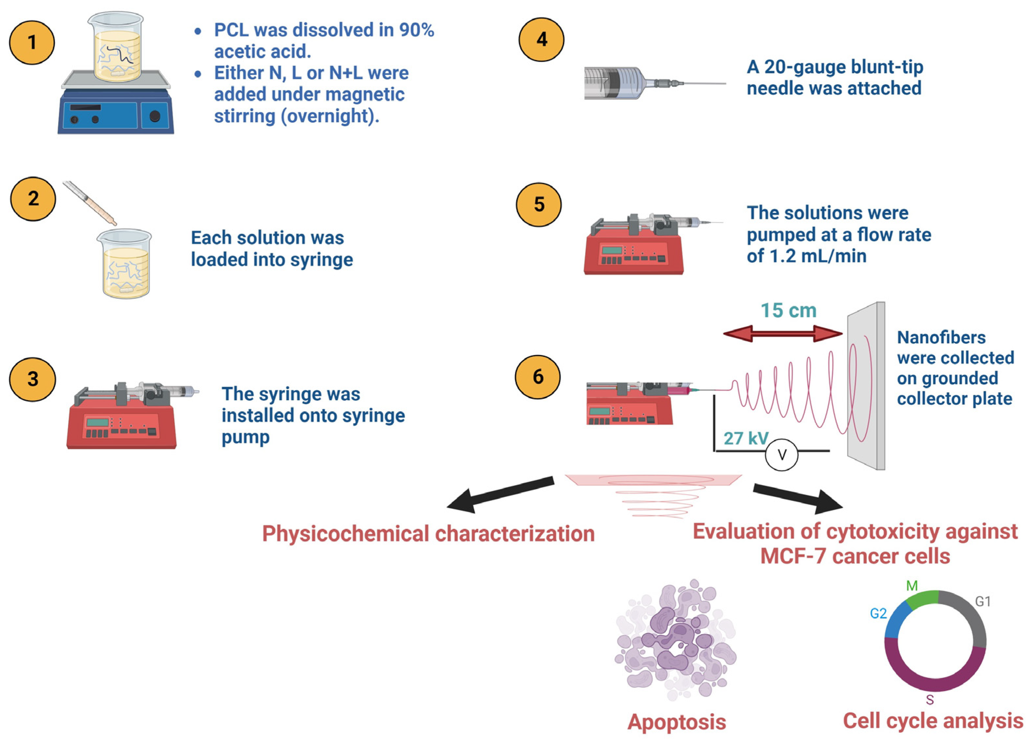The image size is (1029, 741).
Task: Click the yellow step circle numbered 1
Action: tap(32, 42)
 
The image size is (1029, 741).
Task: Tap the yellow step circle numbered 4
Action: tap(541, 40)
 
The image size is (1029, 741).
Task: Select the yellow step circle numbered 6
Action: tap(538, 377)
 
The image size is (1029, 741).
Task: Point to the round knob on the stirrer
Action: tap(155, 116)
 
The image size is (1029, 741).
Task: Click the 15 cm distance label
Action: tap(788, 311)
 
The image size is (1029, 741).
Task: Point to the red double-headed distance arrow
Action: tap(783, 334)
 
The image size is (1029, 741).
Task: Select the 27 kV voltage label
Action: tap(746, 438)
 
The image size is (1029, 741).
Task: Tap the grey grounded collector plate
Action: tap(866, 386)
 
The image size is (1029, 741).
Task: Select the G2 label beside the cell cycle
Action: tap(878, 614)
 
